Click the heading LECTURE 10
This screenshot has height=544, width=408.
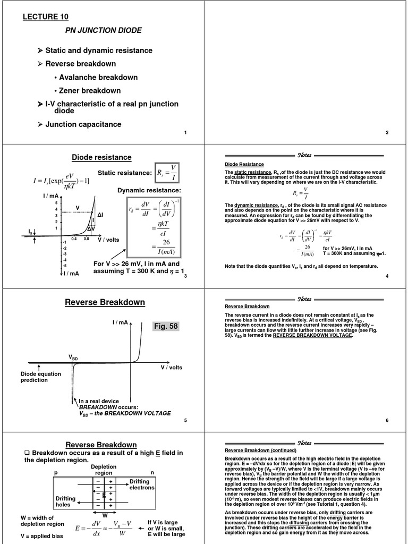[x=45, y=18]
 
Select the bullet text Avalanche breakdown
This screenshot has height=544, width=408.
[x=98, y=78]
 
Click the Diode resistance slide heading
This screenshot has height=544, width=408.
[x=101, y=157]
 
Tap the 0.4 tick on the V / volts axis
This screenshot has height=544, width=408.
[x=74, y=239]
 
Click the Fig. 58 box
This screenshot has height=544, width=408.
[x=165, y=326]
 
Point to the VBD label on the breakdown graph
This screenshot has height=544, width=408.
[x=73, y=359]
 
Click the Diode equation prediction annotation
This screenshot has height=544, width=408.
[x=41, y=377]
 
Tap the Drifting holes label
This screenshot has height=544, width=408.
[x=66, y=501]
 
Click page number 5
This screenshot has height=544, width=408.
[x=185, y=421]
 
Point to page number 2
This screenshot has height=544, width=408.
[x=387, y=132]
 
